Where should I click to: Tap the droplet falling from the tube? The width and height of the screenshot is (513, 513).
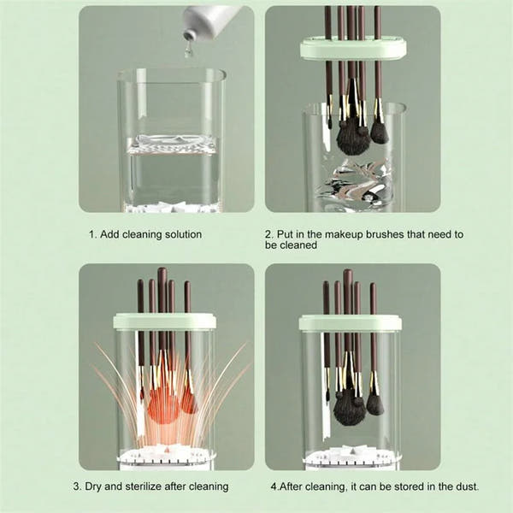pyautogui.click(x=187, y=50)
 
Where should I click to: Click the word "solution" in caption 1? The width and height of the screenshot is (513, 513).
pyautogui.click(x=183, y=234)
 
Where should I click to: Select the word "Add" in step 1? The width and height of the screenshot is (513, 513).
pyautogui.click(x=109, y=234)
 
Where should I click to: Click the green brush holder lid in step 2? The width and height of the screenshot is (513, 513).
pyautogui.click(x=353, y=49)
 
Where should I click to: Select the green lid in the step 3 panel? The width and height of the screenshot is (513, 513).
pyautogui.click(x=164, y=321)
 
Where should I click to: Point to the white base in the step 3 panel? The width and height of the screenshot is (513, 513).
pyautogui.click(x=165, y=458)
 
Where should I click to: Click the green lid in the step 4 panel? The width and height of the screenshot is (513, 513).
pyautogui.click(x=350, y=322)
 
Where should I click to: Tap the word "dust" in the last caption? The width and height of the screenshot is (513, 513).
pyautogui.click(x=466, y=486)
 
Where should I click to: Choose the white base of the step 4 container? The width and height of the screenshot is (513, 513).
pyautogui.click(x=351, y=458)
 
